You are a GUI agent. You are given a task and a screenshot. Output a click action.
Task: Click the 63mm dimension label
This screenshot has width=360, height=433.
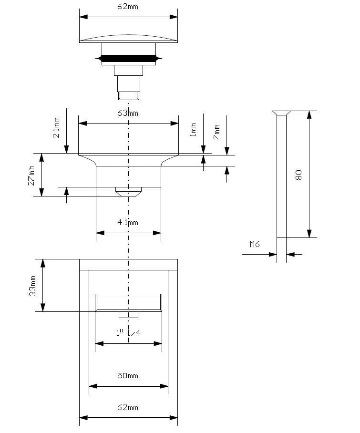[x=128, y=113]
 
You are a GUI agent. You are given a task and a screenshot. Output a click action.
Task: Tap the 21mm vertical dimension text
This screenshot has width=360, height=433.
[x=56, y=128]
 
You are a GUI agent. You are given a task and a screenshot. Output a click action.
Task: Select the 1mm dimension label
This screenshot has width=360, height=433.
[x=193, y=129]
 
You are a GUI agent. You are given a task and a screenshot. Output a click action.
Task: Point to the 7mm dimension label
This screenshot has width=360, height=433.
[x=217, y=132]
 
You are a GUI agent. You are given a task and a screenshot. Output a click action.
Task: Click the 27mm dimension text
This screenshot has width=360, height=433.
[x=32, y=175]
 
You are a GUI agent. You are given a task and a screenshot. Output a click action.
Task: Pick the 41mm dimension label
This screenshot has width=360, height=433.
[x=128, y=223]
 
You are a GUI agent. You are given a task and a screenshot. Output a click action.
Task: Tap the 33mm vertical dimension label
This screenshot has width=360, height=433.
[x=33, y=285]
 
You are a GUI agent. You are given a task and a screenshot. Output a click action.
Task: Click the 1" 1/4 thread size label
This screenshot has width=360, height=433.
[x=128, y=333]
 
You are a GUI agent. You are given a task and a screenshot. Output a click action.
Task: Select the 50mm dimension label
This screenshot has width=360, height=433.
[x=128, y=376]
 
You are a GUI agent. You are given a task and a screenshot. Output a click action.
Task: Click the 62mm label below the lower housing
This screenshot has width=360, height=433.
[x=128, y=408]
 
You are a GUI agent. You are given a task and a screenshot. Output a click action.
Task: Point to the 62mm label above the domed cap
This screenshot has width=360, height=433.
[x=128, y=7]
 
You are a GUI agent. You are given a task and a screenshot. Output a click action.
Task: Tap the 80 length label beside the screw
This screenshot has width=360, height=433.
[x=299, y=174]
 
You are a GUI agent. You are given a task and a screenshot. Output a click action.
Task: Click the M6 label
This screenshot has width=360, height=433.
[x=255, y=244]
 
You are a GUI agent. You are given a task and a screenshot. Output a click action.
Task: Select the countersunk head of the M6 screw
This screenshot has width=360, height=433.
[x=281, y=113]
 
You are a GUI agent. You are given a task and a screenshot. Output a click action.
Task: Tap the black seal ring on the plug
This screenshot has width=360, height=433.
[x=128, y=59]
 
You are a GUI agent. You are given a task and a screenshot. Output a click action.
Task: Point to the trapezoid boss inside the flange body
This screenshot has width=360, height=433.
[x=128, y=192]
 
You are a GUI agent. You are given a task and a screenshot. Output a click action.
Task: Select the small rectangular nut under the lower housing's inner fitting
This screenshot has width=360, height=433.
[x=128, y=315]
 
